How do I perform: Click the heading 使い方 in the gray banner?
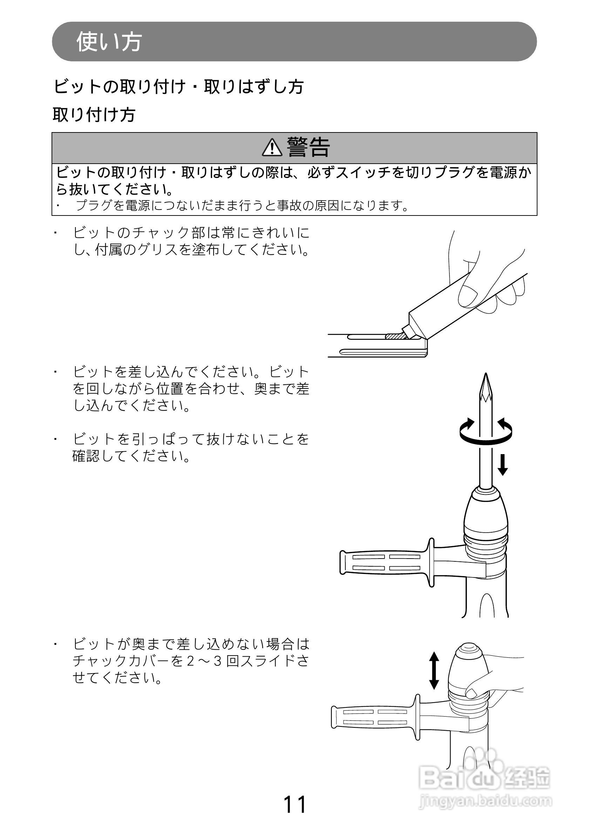[109, 42]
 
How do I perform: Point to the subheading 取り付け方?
[94, 115]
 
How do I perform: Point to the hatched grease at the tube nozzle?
[395, 336]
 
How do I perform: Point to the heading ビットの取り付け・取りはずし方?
[178, 87]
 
